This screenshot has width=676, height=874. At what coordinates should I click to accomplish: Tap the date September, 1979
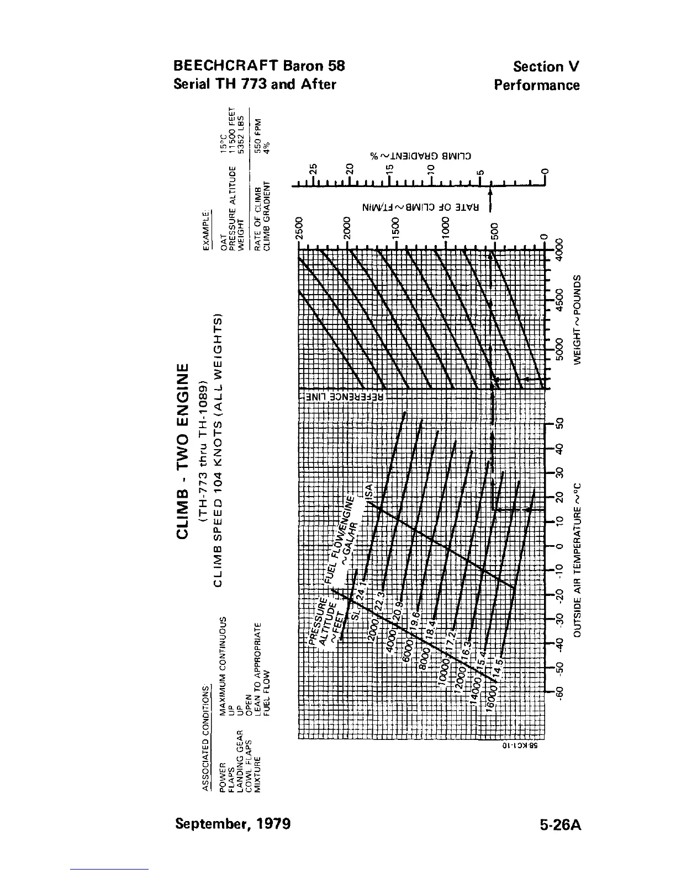tap(233, 824)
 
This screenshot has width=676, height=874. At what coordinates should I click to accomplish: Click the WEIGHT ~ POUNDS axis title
tap(578, 318)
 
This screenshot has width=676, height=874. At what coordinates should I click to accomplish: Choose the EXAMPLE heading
tap(207, 231)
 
